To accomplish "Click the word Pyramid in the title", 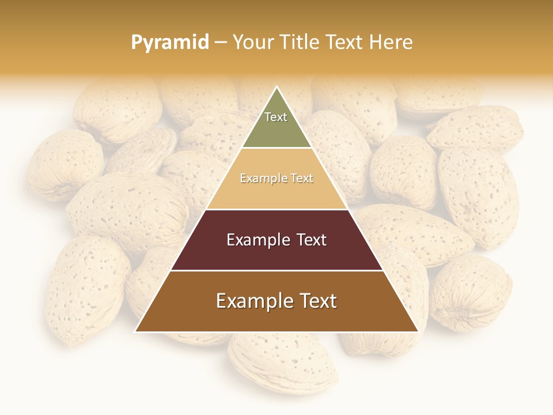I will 169,43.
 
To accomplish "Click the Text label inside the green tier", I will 276,117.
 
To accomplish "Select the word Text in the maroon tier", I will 308,240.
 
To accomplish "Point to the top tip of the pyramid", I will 277,87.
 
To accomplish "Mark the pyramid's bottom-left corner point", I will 135,331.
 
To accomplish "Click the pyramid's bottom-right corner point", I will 418,331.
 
